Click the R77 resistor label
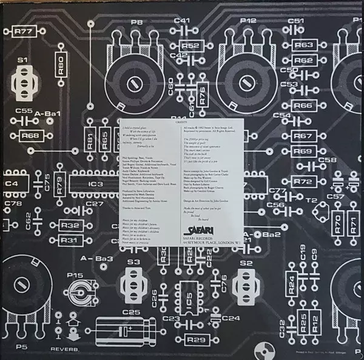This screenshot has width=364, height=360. [x=24, y=32]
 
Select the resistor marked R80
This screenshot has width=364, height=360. [x=61, y=64]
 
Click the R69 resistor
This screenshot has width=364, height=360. [x=302, y=150]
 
